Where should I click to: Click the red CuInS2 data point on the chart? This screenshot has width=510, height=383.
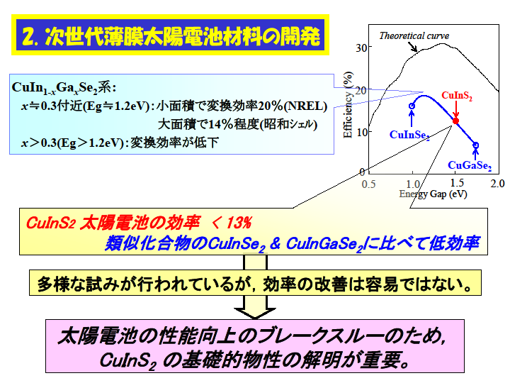click(x=455, y=121)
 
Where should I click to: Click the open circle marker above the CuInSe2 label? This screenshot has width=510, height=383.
click(x=412, y=106)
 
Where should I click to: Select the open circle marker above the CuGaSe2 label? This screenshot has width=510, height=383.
click(x=476, y=145)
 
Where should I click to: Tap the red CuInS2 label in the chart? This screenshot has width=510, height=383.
click(x=457, y=96)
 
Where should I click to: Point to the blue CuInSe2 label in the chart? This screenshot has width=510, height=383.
click(x=409, y=135)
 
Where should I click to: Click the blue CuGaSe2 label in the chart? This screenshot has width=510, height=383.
click(x=470, y=166)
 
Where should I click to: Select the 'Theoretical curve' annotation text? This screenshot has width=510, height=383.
click(x=414, y=35)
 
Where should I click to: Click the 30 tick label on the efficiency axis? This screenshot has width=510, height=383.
click(x=361, y=48)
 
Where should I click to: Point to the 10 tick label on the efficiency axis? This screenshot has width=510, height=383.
click(x=361, y=132)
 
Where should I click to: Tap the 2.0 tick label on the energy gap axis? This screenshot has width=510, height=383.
click(x=497, y=184)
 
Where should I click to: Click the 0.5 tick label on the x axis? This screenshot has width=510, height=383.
click(x=368, y=184)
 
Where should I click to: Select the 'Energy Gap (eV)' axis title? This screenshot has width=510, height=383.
click(x=433, y=194)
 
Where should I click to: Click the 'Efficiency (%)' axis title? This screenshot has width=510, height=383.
click(x=348, y=104)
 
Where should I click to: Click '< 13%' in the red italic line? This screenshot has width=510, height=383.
click(x=231, y=223)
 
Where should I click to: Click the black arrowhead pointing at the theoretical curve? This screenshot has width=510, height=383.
click(x=414, y=50)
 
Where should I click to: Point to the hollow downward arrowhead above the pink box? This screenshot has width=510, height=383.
click(x=255, y=313)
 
